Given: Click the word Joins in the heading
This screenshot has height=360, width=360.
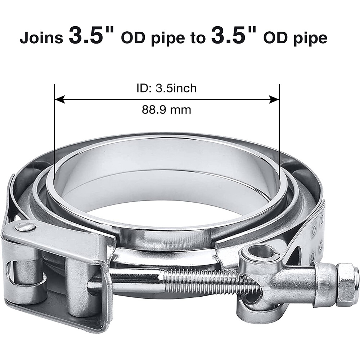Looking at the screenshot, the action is pos(41,38).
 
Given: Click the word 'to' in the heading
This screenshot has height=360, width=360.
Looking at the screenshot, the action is pos(197,38).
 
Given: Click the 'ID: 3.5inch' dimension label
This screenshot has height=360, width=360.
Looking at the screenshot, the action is pos(167,88).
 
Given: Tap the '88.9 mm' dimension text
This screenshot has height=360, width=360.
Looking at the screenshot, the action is pos(166,110).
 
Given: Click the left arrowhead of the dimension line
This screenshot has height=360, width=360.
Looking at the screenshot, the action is pos(60,99).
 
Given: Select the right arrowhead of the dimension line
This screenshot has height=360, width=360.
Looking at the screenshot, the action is pos(274,99).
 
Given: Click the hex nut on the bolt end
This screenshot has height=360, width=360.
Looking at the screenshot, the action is pos(347,279).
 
